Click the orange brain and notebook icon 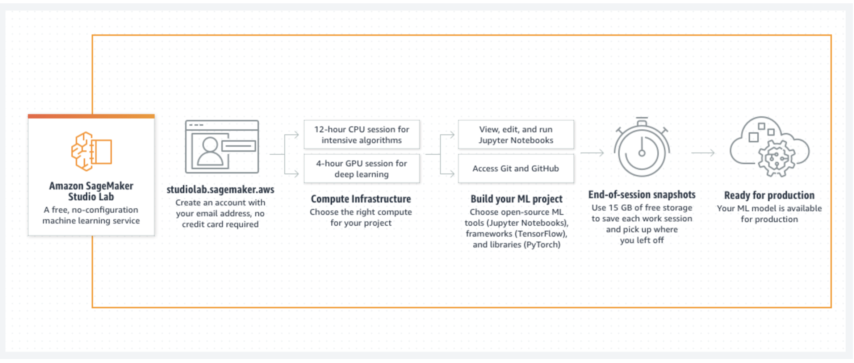92,151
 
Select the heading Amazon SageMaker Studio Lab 91,191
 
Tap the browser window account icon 222,147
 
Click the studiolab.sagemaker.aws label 220,189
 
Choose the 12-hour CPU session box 362,135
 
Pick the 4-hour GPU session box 362,169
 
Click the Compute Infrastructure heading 361,199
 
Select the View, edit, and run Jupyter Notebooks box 516,135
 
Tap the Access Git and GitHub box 516,169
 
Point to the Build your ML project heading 516,199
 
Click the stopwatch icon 642,147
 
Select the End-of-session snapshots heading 642,195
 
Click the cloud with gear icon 770,147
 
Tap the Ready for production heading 769,195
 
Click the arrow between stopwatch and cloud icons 703,153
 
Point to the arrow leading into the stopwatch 592,153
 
